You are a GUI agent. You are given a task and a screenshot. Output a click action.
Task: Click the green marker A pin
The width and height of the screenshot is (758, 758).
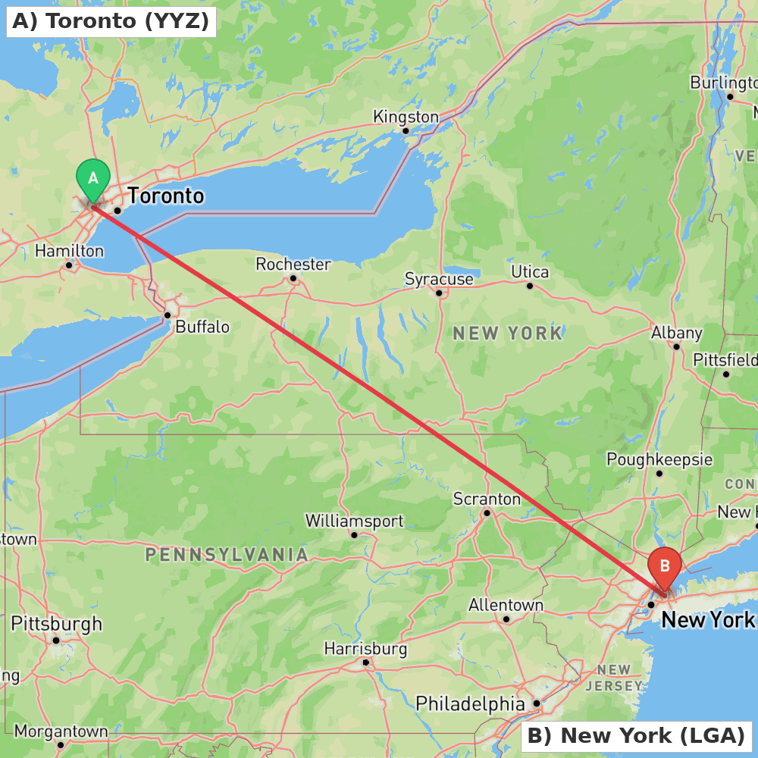(x=93, y=180)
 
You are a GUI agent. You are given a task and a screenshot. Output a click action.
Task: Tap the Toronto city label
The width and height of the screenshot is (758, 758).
(x=166, y=196)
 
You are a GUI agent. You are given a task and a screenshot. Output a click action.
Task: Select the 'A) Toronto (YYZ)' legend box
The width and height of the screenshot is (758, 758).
(x=111, y=21)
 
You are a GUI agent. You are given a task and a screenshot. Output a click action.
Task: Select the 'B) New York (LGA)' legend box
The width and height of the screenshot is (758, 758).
(x=636, y=735)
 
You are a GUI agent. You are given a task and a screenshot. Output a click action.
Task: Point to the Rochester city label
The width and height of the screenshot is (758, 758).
(x=293, y=265)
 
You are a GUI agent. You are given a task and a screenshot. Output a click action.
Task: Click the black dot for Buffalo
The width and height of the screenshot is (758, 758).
(x=168, y=315)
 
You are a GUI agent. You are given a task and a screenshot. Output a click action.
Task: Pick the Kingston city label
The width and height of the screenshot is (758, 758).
(x=406, y=117)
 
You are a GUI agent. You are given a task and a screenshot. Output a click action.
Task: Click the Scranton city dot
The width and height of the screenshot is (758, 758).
(x=487, y=512)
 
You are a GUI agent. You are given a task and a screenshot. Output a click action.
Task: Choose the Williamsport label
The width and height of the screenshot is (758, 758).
(x=354, y=522)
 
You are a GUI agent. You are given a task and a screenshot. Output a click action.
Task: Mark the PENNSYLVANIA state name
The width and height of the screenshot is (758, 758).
(x=227, y=555)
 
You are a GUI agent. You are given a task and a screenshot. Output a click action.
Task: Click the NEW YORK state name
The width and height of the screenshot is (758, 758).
(x=508, y=333)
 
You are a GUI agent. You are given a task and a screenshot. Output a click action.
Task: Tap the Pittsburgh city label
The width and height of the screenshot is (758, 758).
(x=56, y=624)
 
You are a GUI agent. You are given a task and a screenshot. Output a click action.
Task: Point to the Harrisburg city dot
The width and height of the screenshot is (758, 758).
(x=366, y=662)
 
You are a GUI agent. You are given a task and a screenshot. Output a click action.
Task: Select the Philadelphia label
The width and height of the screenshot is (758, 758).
(x=470, y=703)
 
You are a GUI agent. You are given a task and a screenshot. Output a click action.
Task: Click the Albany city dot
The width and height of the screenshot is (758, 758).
(x=676, y=346)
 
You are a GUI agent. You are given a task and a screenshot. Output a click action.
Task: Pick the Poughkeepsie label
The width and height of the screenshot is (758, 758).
(x=659, y=459)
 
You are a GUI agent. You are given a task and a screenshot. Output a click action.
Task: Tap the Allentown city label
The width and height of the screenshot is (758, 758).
(x=506, y=605)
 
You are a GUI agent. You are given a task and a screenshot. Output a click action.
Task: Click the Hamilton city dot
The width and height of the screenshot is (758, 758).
(x=69, y=265)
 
